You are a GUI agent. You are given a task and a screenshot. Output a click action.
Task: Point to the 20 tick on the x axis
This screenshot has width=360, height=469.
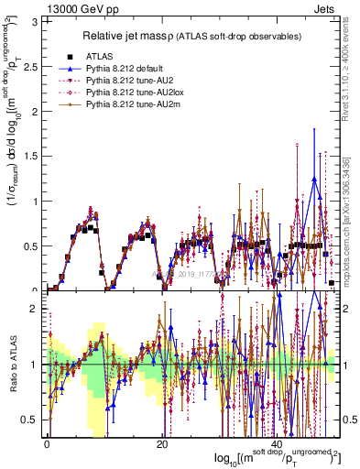coord(162,443)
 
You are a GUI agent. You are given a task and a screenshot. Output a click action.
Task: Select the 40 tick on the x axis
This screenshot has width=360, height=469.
coord(278,443)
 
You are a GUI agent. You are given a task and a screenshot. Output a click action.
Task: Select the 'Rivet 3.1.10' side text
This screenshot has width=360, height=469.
coord(351,64)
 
